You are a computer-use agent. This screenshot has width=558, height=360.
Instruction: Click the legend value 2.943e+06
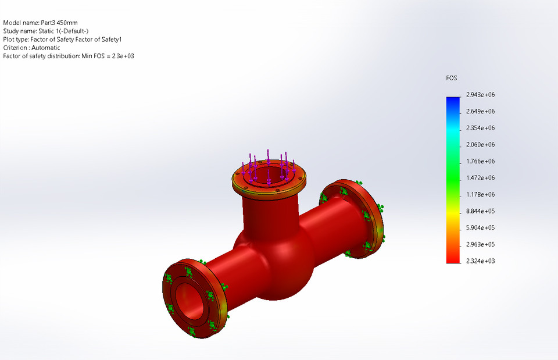coord(480,94)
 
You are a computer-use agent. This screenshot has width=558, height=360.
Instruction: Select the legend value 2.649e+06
coord(480,111)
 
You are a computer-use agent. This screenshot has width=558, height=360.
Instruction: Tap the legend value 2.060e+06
coord(480,144)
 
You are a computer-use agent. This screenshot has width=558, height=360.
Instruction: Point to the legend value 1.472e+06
coord(480,178)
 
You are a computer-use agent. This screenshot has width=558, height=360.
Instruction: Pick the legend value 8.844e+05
coord(480,211)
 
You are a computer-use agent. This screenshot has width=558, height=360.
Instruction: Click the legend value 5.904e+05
coord(480,227)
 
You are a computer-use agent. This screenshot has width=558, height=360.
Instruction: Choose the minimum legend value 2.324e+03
coord(480,261)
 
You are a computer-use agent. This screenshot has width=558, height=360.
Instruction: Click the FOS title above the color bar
coord(452,78)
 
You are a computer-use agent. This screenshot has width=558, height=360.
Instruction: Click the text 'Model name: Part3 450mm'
coord(40,23)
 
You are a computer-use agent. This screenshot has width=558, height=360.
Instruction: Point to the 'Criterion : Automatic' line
coord(31,48)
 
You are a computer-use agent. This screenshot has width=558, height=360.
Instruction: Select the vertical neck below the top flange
coord(269,212)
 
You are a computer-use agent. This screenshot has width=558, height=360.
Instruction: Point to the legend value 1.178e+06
coord(480,194)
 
